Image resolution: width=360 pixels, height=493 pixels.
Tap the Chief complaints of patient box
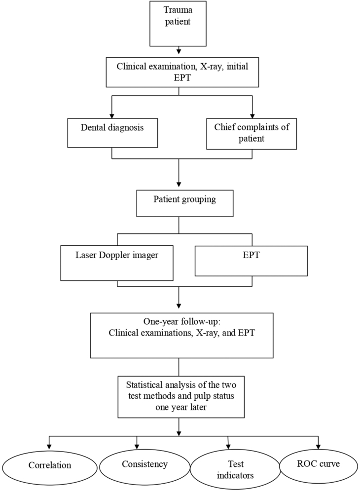tap(252, 133)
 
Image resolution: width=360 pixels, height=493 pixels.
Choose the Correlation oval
tap(49, 465)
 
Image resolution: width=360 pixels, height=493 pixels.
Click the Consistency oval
tap(144, 464)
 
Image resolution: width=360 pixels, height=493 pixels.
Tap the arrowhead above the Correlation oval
tap(49, 444)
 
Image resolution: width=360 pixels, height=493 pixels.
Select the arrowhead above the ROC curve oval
tap(318, 444)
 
